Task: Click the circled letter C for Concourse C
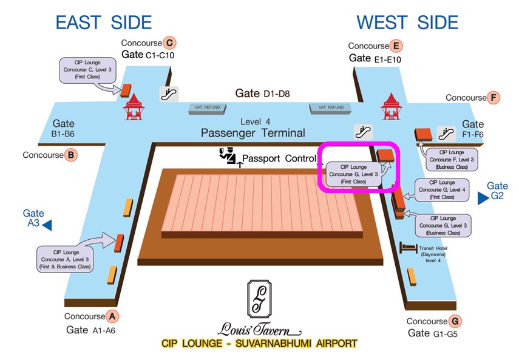coord(170,42)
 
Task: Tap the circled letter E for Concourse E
coord(396,46)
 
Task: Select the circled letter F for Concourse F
coord(494,97)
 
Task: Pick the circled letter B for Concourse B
coord(71,155)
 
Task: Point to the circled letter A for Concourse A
coord(112,316)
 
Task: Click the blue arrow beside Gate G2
coord(483,198)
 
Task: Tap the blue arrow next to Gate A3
coord(46,225)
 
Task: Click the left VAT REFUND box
coord(208,108)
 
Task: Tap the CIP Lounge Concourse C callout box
coord(87,70)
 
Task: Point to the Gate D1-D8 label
coord(263,93)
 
